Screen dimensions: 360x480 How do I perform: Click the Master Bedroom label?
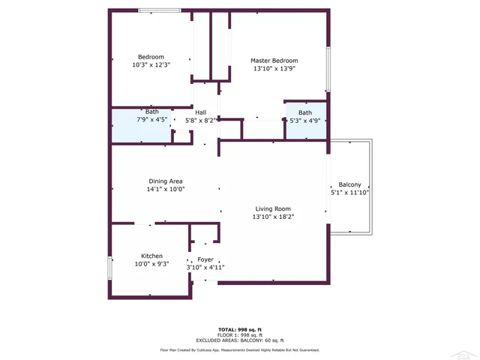[274, 61]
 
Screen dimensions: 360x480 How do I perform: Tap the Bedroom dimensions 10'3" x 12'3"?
[151, 65]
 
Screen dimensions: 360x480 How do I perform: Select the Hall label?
[200, 112]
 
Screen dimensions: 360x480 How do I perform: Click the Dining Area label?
[166, 181]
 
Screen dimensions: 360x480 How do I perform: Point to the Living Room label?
[273, 208]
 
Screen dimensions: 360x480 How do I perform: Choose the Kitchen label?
[152, 255]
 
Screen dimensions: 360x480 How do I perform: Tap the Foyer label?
[205, 259]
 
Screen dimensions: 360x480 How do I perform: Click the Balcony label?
[349, 184]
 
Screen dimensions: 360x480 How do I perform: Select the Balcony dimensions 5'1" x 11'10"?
[349, 193]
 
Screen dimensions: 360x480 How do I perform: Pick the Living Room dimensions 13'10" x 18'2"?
[273, 217]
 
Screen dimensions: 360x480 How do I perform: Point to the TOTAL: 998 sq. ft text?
[239, 330]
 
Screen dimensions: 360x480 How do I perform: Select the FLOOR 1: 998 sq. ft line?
[239, 334]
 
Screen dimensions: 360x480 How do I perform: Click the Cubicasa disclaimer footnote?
[239, 349]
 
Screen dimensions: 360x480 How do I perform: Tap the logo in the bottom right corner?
[466, 352]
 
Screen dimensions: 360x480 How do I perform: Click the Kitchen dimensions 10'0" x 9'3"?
[152, 264]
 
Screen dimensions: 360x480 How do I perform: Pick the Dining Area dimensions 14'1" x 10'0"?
[166, 189]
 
